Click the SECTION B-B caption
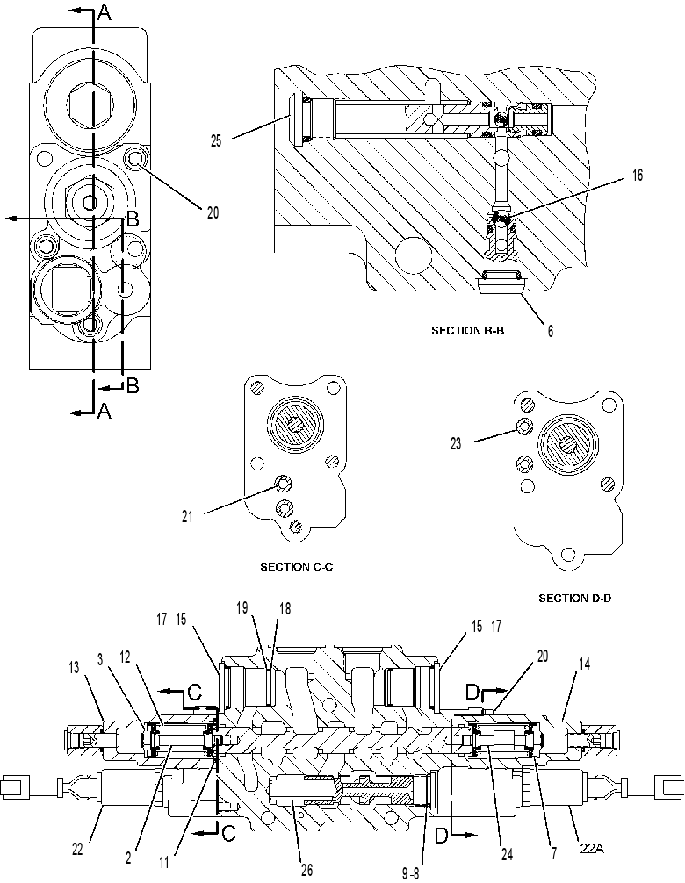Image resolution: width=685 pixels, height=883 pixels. click(467, 331)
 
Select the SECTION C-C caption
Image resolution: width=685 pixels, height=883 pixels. click(296, 567)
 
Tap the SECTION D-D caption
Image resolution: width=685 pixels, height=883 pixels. click(574, 598)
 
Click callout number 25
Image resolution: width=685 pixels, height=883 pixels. click(216, 140)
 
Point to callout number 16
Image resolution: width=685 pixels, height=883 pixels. click(637, 176)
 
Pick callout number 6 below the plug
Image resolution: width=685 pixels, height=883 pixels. click(551, 331)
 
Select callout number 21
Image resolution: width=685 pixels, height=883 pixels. click(187, 516)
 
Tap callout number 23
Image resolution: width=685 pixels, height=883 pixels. click(456, 444)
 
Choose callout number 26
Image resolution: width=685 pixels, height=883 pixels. click(306, 870)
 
